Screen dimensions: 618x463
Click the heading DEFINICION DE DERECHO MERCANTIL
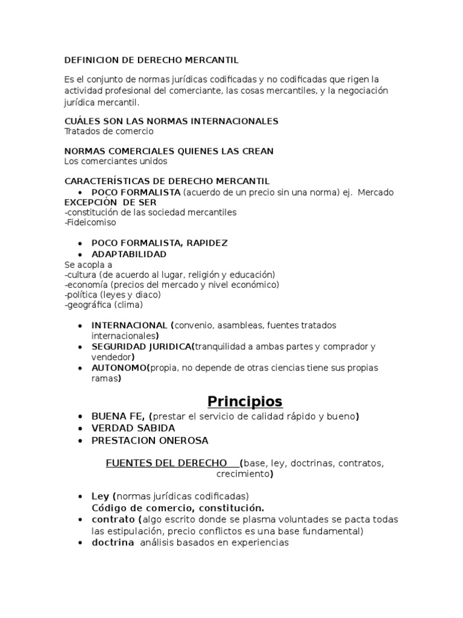coord(151,60)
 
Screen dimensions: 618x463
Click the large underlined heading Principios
coord(245,401)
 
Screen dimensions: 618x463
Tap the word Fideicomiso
coord(90,222)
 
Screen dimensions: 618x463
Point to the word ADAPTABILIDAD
coord(129,254)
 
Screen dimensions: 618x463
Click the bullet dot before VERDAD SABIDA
coord(80,428)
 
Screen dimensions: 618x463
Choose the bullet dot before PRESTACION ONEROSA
coord(80,441)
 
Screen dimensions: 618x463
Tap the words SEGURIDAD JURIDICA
coord(140,346)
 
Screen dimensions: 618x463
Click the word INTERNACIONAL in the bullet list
coord(129,325)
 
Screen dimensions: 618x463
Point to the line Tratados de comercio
coord(109,131)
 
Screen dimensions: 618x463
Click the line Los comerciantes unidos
coord(115,161)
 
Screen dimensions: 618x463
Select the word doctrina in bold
coord(113,543)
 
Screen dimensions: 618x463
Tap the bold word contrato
coord(113,520)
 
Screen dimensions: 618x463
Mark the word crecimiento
coord(242,474)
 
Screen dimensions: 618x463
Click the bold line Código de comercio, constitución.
coord(178,508)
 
